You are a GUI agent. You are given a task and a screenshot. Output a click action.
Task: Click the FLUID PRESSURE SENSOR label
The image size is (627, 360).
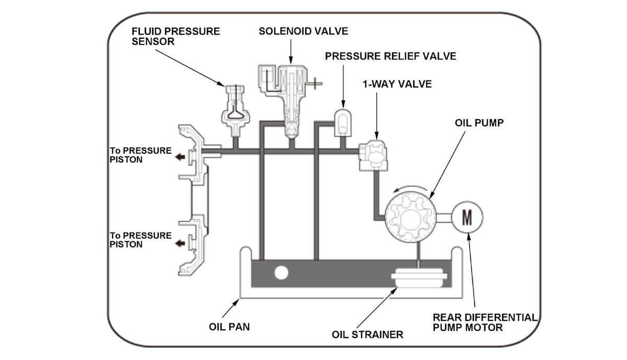point(176,37)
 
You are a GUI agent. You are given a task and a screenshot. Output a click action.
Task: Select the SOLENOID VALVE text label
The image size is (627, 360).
point(304,31)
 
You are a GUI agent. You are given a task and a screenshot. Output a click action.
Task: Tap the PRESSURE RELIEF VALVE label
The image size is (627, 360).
point(390,56)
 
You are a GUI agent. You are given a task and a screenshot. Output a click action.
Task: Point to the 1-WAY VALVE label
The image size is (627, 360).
point(397,84)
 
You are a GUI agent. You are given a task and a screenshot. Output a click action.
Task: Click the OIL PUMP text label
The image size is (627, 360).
point(479,123)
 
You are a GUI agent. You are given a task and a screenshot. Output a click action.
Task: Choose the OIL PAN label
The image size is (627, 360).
point(229,327)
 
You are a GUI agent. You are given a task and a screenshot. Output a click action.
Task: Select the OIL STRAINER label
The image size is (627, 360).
point(367,334)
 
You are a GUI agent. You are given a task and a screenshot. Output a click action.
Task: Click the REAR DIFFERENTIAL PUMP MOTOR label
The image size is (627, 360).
point(485,322)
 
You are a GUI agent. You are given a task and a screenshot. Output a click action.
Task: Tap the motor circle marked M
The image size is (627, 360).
point(467,217)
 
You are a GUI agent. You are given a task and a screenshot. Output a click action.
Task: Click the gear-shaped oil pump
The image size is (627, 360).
point(410,217)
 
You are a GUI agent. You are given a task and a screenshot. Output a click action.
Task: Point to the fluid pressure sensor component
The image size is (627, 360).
point(236,111)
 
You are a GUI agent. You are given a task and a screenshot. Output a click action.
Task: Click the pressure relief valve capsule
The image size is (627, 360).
point(343,123)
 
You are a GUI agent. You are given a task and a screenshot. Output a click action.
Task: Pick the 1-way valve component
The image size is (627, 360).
point(374,155)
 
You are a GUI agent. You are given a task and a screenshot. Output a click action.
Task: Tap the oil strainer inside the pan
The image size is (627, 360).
point(419,278)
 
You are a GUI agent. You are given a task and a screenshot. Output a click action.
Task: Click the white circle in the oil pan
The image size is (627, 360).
point(281,273)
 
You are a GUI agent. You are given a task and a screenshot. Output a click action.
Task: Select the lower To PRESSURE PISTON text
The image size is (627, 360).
point(140,240)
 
